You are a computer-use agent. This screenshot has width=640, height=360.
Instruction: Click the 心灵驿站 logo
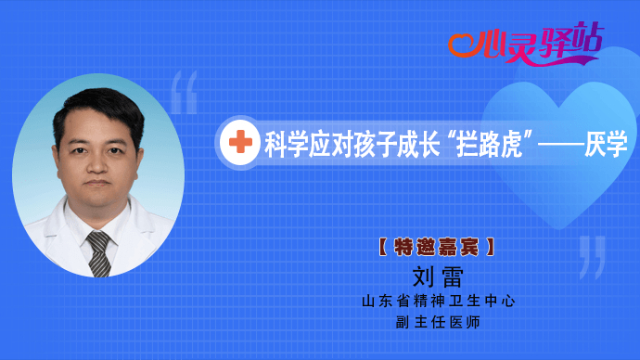tap(524, 41)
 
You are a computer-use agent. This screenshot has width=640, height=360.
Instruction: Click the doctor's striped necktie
tap(99, 250)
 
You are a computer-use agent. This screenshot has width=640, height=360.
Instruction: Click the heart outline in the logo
tap(461, 42)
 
